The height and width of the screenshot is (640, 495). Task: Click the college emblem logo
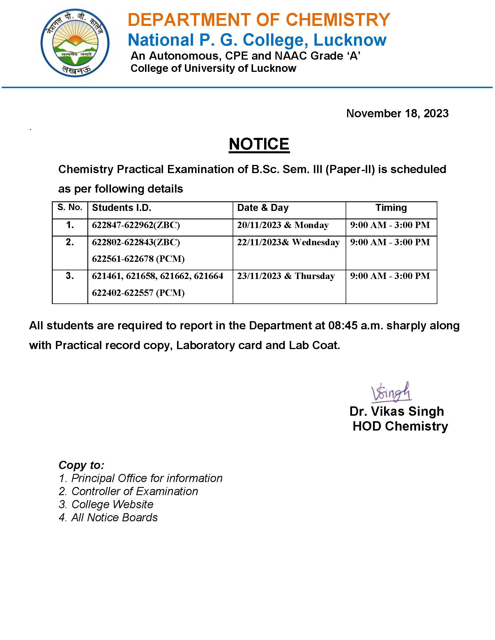click(x=75, y=43)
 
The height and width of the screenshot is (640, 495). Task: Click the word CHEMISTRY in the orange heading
click(x=337, y=20)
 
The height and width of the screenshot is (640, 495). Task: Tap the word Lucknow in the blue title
click(x=350, y=40)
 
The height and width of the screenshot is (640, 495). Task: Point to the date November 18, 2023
click(x=397, y=113)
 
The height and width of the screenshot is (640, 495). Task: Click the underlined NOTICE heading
click(x=259, y=144)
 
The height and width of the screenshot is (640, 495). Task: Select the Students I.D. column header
click(x=122, y=208)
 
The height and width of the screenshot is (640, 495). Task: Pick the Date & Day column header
click(x=263, y=208)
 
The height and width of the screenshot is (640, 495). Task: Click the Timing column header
click(x=391, y=208)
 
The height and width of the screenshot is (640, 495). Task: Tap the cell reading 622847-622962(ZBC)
click(x=136, y=225)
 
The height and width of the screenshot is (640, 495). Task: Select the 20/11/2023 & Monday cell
click(x=283, y=225)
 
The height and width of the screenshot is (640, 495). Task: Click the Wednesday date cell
click(x=288, y=242)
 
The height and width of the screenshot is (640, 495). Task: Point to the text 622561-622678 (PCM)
click(x=138, y=259)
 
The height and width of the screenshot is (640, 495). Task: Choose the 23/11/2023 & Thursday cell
click(x=286, y=276)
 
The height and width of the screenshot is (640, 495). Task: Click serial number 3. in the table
click(x=70, y=276)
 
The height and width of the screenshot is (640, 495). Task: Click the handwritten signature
click(x=391, y=392)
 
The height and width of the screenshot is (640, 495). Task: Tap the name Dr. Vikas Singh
click(x=397, y=411)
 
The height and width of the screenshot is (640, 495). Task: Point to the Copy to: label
click(x=82, y=465)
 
